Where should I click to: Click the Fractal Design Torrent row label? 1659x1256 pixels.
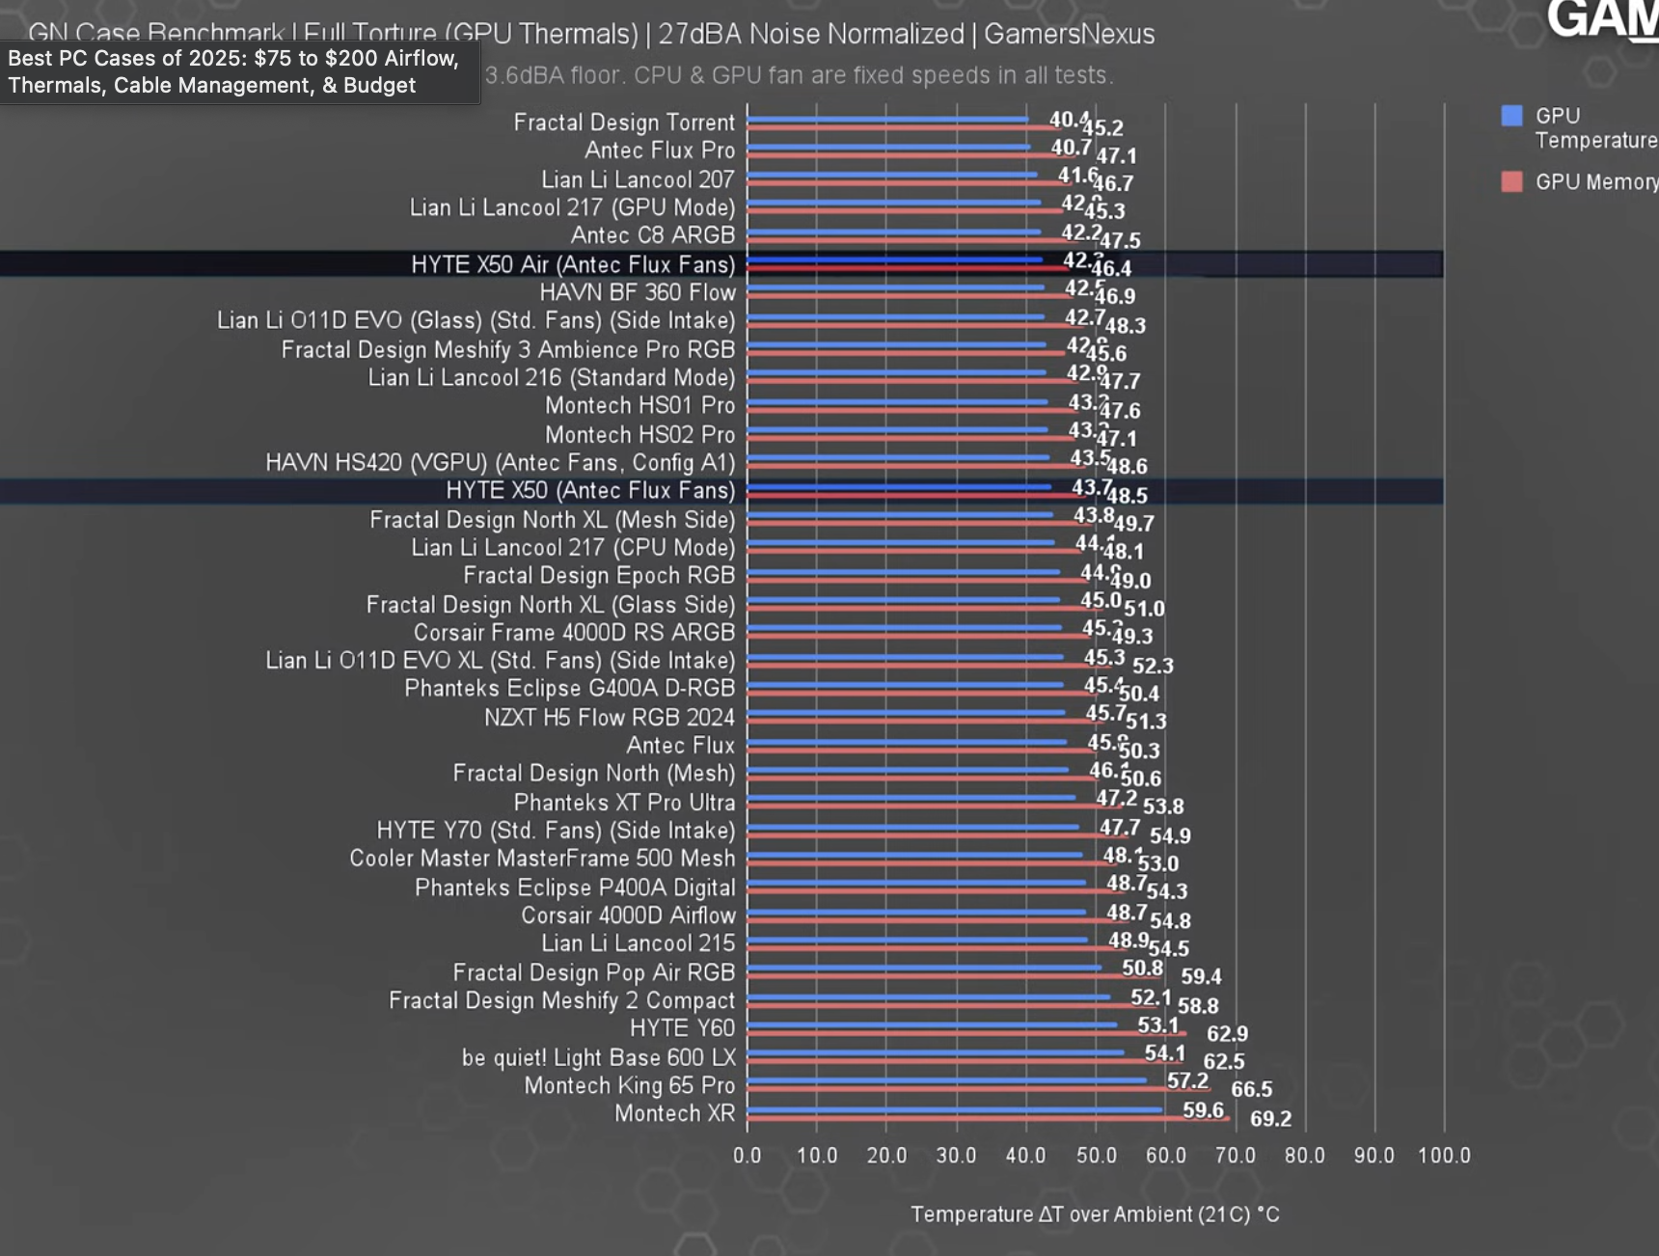[x=623, y=123]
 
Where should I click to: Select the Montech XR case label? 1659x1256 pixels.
[x=674, y=1113]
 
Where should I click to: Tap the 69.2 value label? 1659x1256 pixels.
[x=1270, y=1119]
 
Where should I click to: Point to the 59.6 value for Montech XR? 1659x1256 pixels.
[x=1203, y=1110]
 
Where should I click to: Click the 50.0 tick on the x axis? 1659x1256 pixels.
[x=1096, y=1156]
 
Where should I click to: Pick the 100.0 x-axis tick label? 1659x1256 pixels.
[x=1444, y=1156]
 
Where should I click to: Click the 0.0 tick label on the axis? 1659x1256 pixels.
[x=747, y=1156]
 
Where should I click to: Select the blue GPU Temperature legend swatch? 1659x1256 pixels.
[x=1511, y=117]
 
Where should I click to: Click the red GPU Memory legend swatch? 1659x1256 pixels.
[x=1511, y=181]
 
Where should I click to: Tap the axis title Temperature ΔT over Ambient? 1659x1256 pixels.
[x=1095, y=1215]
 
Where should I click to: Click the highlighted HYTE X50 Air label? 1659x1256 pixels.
[x=572, y=264]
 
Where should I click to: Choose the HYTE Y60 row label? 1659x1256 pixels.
[x=682, y=1028]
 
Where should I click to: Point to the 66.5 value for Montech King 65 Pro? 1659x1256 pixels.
[x=1251, y=1089]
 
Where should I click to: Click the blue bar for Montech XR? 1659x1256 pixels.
[x=955, y=1109]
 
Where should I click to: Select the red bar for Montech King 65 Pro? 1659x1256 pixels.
[x=974, y=1090]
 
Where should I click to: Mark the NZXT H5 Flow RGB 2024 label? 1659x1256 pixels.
[x=609, y=718]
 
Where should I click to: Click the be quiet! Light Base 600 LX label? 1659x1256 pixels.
[x=598, y=1057]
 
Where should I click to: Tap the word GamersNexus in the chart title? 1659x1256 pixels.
[x=1069, y=35]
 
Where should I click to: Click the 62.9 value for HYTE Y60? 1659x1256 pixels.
[x=1227, y=1034]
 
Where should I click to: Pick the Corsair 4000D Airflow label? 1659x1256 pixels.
[x=628, y=915]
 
